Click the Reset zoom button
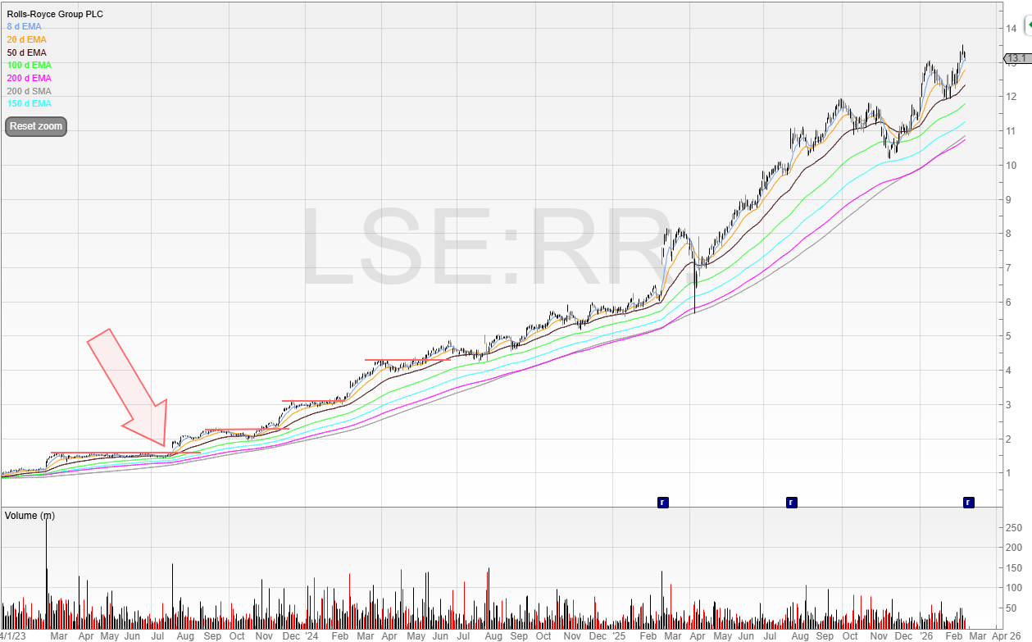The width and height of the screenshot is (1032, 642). point(35,126)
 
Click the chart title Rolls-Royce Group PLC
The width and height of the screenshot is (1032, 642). point(55,14)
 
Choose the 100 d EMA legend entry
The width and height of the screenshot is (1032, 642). point(30,65)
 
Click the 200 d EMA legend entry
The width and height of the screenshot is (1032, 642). point(30,78)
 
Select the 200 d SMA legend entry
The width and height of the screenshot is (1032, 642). point(30,91)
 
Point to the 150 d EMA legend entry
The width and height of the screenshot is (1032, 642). point(30,104)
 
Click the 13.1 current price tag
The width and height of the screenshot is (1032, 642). point(1016,58)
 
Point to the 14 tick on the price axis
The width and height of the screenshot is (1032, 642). point(1012,29)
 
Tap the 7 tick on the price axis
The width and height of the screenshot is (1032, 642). point(1012,268)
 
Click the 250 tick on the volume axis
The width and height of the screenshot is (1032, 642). point(1014,527)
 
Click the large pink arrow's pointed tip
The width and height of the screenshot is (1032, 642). point(164,446)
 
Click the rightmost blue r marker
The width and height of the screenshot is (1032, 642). point(968,502)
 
